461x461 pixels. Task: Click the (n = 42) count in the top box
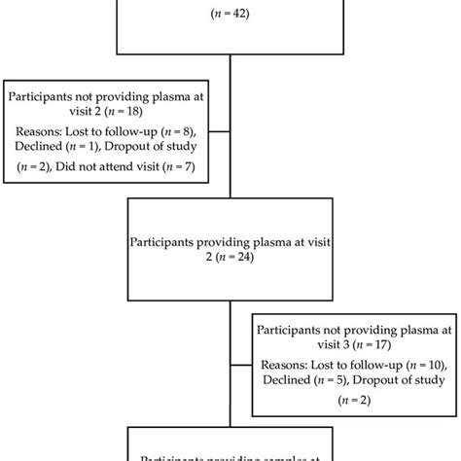[230, 15]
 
